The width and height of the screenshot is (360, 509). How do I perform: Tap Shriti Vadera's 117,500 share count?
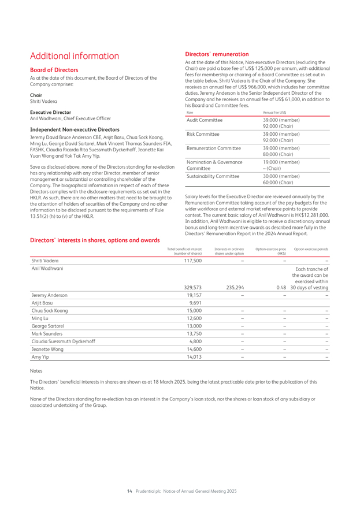pyautogui.click(x=191, y=261)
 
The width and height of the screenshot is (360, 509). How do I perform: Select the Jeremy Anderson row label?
pyautogui.click(x=49, y=295)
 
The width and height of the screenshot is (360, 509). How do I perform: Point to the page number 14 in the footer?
pyautogui.click(x=129, y=491)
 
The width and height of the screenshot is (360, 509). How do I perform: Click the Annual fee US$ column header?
pyautogui.click(x=274, y=112)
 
